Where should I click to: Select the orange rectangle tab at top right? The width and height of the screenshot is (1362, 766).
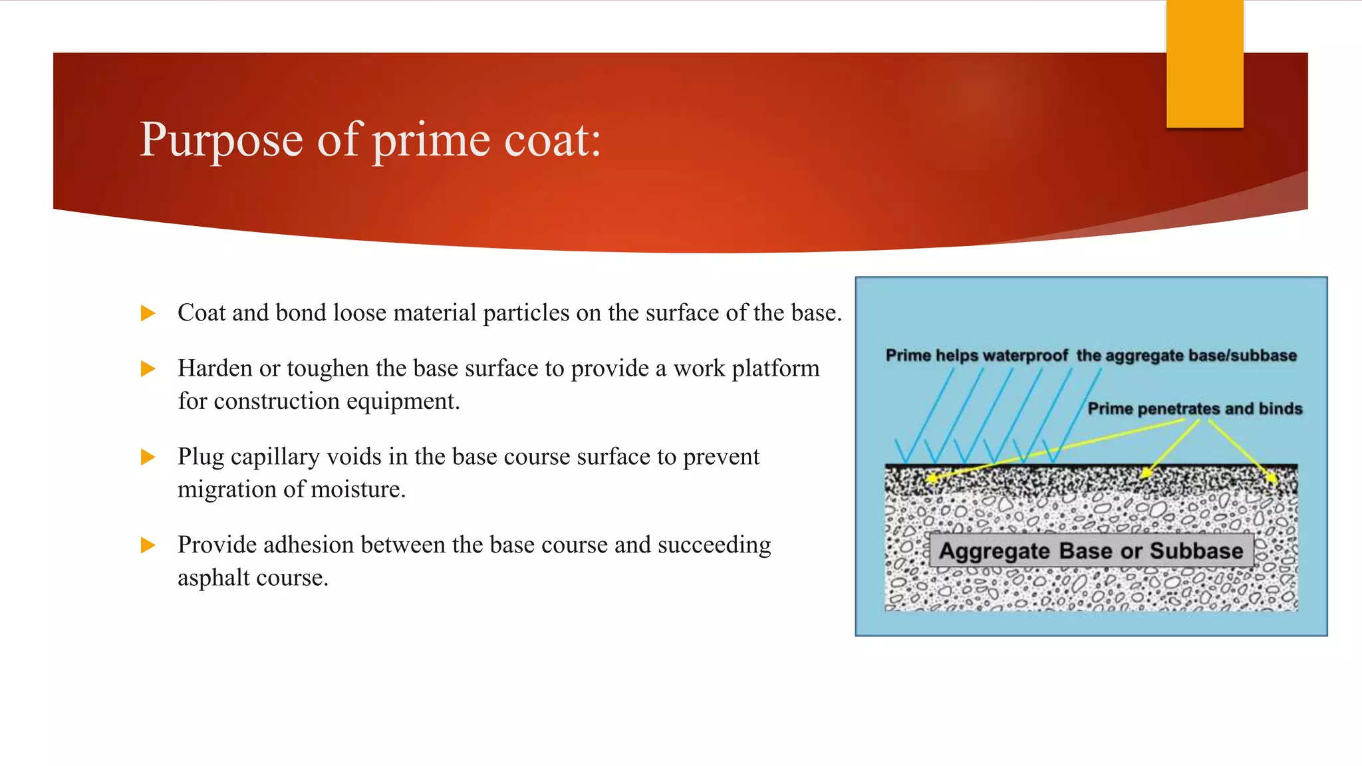pos(1204,64)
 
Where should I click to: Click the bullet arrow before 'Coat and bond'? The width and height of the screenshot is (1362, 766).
pos(148,313)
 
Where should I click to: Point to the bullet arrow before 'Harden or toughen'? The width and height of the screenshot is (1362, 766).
pos(148,368)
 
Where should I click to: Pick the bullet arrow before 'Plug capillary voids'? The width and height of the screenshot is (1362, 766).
pos(148,457)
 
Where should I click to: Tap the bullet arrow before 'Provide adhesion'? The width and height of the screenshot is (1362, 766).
pos(148,545)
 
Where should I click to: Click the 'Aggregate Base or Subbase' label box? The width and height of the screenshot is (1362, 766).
pos(1091,551)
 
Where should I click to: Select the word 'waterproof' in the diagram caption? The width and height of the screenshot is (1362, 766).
pos(1025,356)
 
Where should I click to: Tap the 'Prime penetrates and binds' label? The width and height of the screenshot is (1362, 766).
pos(1194,408)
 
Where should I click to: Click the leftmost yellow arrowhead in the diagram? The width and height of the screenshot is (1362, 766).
pos(932,478)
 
